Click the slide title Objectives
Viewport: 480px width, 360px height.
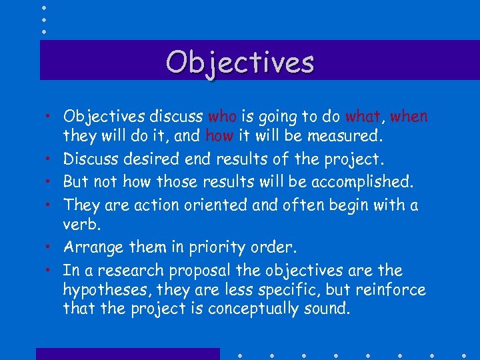[x=240, y=62]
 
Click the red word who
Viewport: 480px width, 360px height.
[x=222, y=117]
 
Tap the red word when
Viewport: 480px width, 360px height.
[x=409, y=117]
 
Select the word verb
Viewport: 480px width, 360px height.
[x=79, y=225]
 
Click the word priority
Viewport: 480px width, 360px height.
[x=215, y=248]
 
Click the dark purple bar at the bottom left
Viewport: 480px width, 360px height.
[x=127, y=353]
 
